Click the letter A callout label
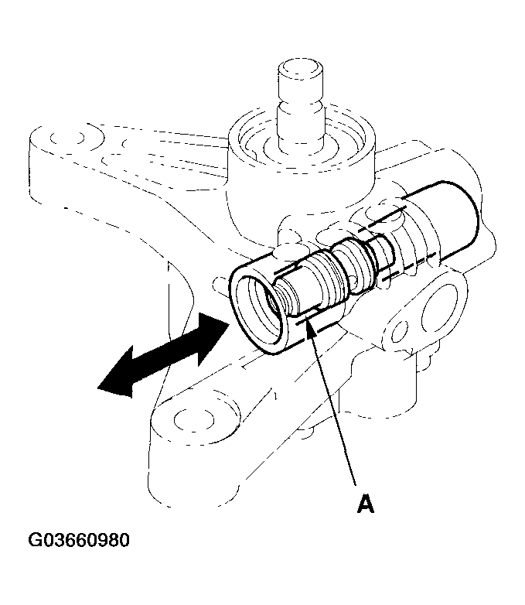[x=365, y=503]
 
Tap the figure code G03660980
[x=80, y=539]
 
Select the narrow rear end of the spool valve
[x=379, y=255]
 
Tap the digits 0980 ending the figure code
[x=113, y=539]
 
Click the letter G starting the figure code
[x=36, y=539]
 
